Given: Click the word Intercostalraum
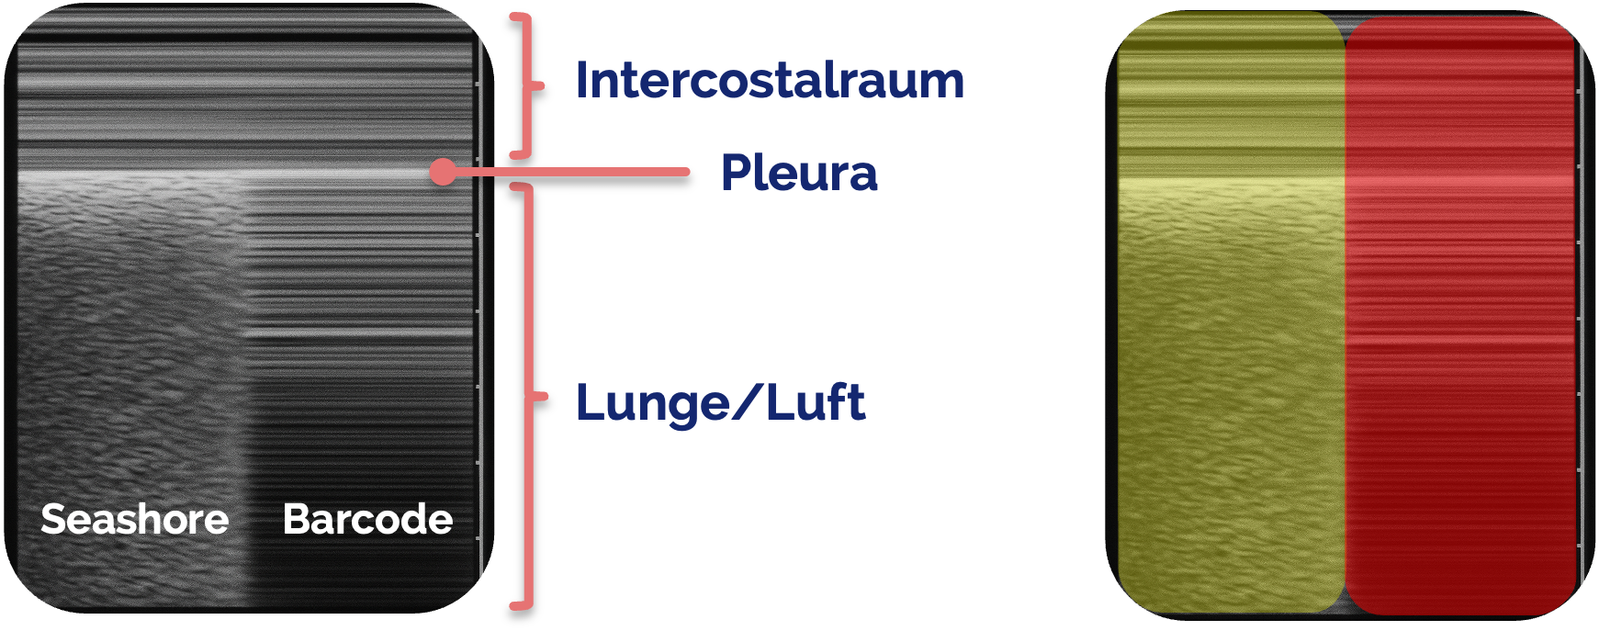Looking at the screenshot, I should point(769,81).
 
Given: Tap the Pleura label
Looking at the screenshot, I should point(798,173).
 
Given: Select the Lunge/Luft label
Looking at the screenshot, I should point(719,403).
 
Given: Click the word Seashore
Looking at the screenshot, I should point(134,520).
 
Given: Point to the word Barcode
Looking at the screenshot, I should point(367,520).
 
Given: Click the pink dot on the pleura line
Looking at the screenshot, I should point(443,172).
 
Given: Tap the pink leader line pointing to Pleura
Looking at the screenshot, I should point(569,172).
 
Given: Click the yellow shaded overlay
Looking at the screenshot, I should point(1231,367).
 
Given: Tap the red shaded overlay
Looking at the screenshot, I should point(1460,367).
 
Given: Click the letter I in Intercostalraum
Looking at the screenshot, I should point(581,81).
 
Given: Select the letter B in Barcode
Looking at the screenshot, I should point(295,520).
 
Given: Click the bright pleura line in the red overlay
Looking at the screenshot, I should point(1460,181).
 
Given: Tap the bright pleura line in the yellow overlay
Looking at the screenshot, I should point(1231,181).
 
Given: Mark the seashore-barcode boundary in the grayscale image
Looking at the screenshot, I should point(245,386).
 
